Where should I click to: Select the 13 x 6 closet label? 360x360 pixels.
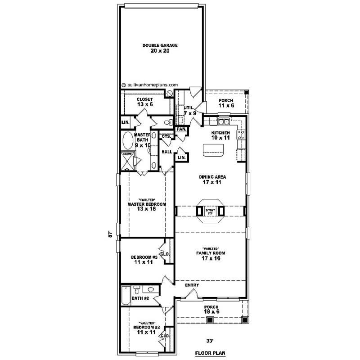[145, 102]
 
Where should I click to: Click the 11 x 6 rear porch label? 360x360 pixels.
[225, 103]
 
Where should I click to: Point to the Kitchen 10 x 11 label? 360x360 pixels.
[220, 136]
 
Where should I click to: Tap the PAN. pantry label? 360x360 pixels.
[181, 129]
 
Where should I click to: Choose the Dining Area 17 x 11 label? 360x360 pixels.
[212, 180]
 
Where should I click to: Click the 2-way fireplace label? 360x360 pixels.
[210, 211]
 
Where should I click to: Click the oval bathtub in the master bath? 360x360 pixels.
[128, 141]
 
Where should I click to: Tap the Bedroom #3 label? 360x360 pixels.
[144, 260]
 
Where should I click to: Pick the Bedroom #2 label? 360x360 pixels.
[146, 329]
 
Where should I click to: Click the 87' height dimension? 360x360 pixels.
[110, 235]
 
